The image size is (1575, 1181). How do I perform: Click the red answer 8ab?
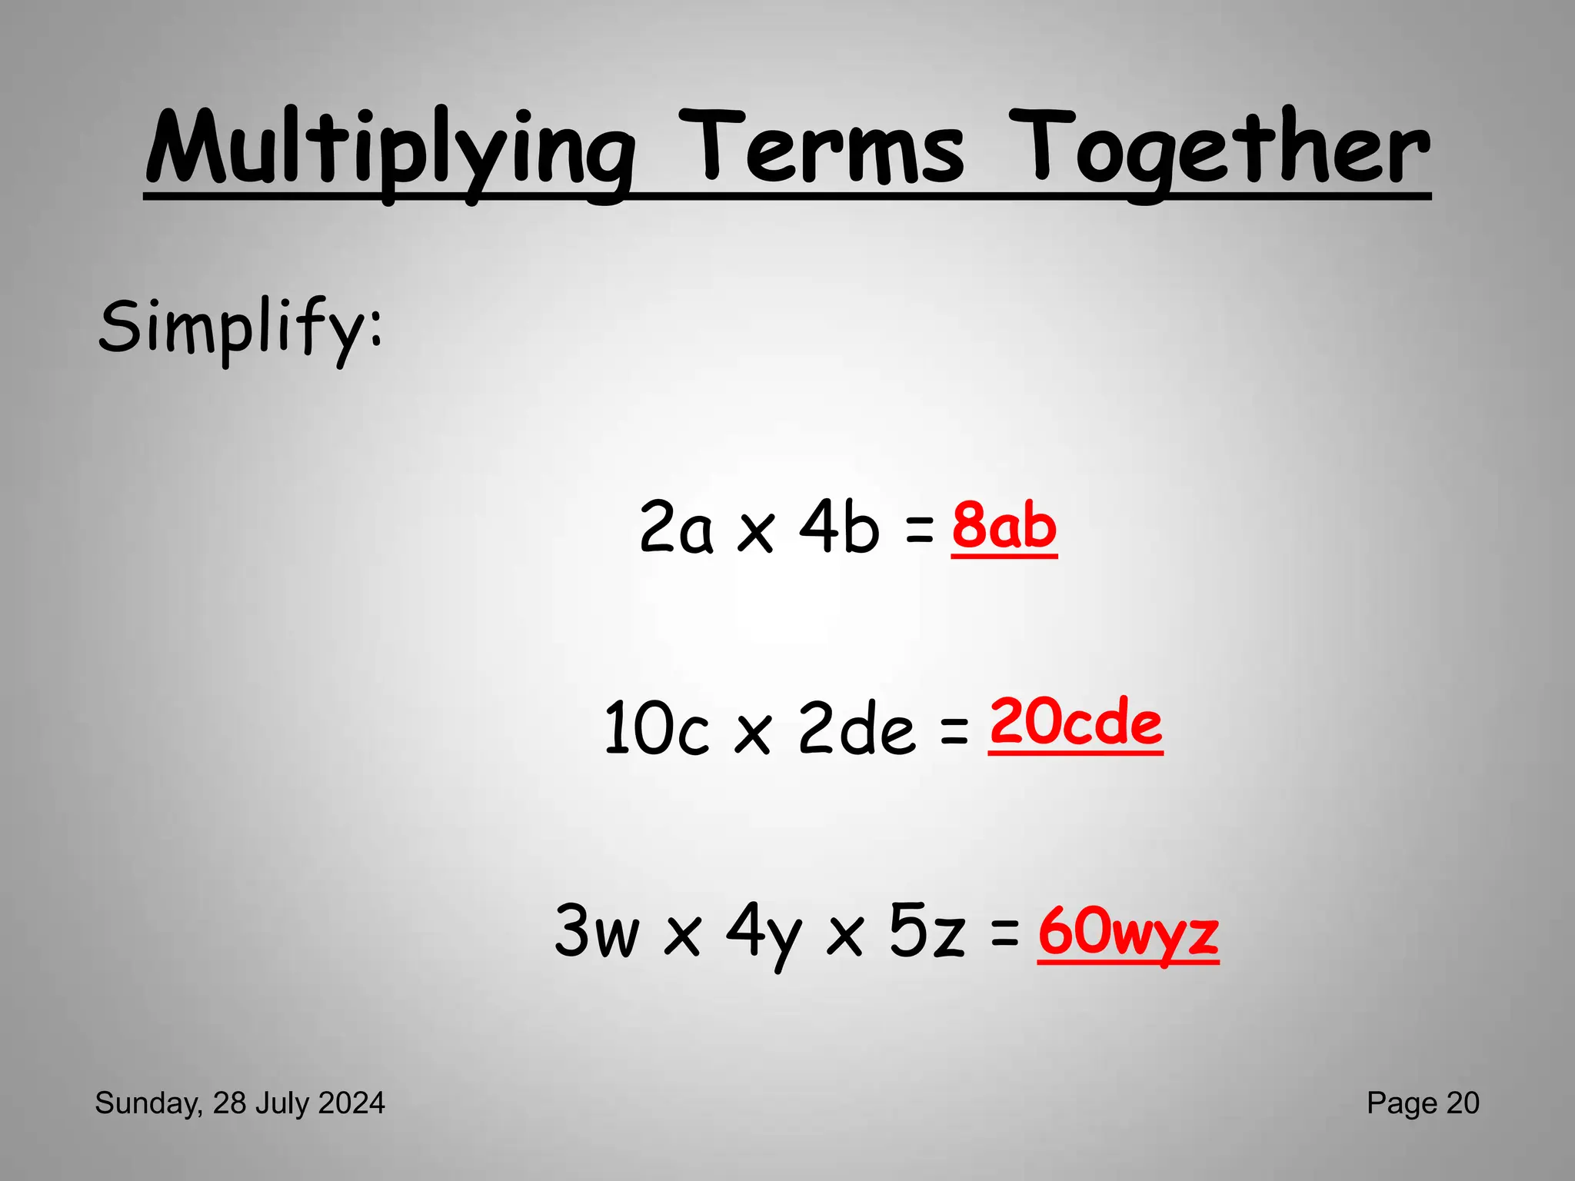pyautogui.click(x=1004, y=527)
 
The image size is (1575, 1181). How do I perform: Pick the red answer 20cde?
pyautogui.click(x=1075, y=723)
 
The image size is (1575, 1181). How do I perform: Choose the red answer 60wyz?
pyautogui.click(x=1128, y=931)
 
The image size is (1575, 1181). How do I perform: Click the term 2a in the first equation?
pyautogui.click(x=676, y=527)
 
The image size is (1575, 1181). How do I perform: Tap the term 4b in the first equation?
pyautogui.click(x=838, y=527)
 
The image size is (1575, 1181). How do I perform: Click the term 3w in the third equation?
pyautogui.click(x=597, y=931)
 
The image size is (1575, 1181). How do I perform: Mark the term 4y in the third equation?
pyautogui.click(x=764, y=934)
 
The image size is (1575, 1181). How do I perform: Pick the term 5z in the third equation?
pyautogui.click(x=927, y=931)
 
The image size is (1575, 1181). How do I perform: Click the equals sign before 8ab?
pyautogui.click(x=920, y=531)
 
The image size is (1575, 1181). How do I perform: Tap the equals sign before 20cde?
pyautogui.click(x=954, y=730)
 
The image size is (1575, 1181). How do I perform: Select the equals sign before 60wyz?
pyautogui.click(x=1004, y=934)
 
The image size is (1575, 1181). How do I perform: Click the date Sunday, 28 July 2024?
pyautogui.click(x=240, y=1103)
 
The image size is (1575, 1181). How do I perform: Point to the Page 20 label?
pyautogui.click(x=1423, y=1103)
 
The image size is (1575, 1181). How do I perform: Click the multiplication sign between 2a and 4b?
pyautogui.click(x=755, y=532)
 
